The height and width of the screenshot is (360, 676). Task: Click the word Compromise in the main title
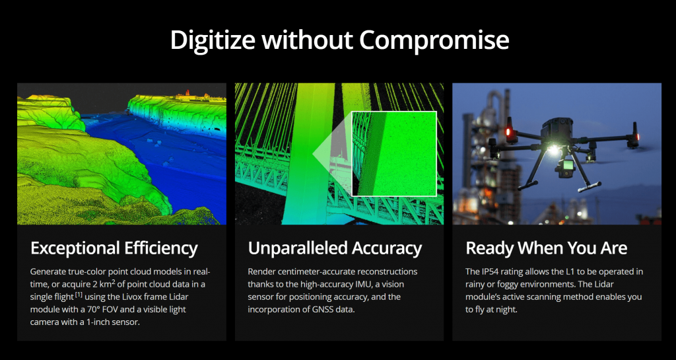coord(434,41)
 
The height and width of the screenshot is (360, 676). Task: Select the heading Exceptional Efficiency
coord(114,249)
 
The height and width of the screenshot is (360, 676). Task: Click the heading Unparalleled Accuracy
coord(335,248)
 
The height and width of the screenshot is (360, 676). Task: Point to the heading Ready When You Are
coord(546,248)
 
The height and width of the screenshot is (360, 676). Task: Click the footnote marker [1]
coord(79,295)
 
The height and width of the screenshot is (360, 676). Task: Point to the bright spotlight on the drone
coord(553,149)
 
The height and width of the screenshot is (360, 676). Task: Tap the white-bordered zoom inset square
coord(394,153)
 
